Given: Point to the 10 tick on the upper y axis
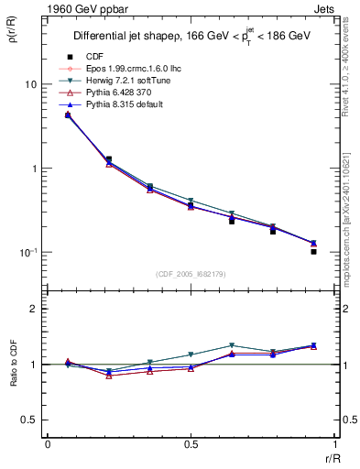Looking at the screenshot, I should [29, 84].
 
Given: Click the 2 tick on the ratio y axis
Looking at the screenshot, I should [34, 310].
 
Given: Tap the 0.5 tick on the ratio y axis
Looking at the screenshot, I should [29, 420].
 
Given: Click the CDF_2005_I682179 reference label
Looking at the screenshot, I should [190, 274].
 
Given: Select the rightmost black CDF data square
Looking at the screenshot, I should [313, 251].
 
